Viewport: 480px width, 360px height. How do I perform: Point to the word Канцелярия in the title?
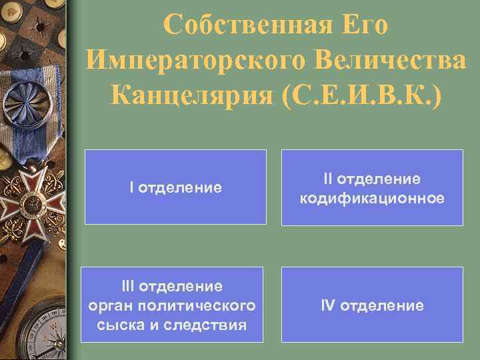click(191, 97)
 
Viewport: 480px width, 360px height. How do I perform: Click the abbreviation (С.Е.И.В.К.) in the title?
click(362, 97)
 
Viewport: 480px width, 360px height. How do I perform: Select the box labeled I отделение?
click(175, 187)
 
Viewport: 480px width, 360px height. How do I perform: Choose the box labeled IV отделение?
click(372, 305)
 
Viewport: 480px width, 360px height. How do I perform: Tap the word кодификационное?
click(372, 199)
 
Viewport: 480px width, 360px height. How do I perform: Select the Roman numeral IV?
click(328, 305)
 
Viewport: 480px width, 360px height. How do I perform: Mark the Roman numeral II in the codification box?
click(328, 179)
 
